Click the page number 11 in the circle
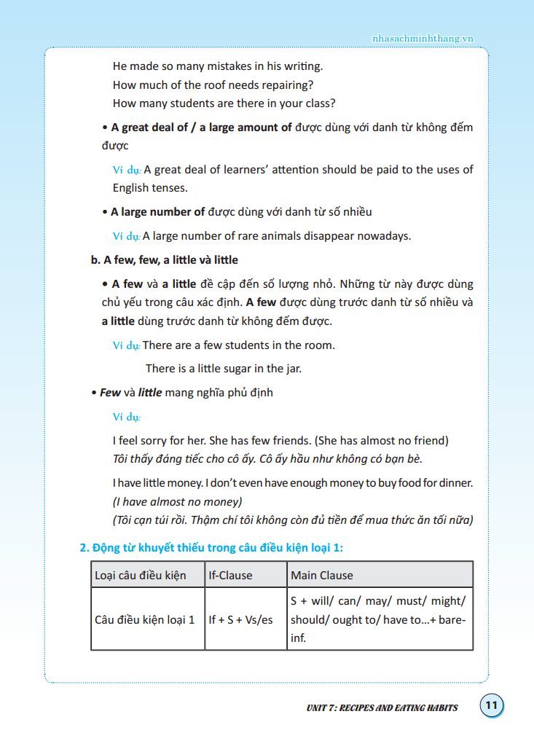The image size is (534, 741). click(x=492, y=705)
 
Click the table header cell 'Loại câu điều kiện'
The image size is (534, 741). click(x=141, y=575)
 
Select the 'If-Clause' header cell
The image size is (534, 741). click(x=230, y=575)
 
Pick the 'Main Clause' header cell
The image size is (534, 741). click(x=322, y=575)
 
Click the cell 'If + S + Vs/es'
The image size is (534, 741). click(x=241, y=619)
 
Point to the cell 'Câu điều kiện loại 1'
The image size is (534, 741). click(x=145, y=619)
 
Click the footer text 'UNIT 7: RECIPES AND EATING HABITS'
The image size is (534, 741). click(x=382, y=707)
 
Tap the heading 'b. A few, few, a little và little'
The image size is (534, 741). click(x=164, y=260)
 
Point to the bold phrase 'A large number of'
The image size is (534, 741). click(x=157, y=212)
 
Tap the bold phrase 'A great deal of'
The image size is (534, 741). click(x=149, y=128)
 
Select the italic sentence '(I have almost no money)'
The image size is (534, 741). click(x=177, y=501)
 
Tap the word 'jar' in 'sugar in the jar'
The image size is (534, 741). click(x=291, y=369)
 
